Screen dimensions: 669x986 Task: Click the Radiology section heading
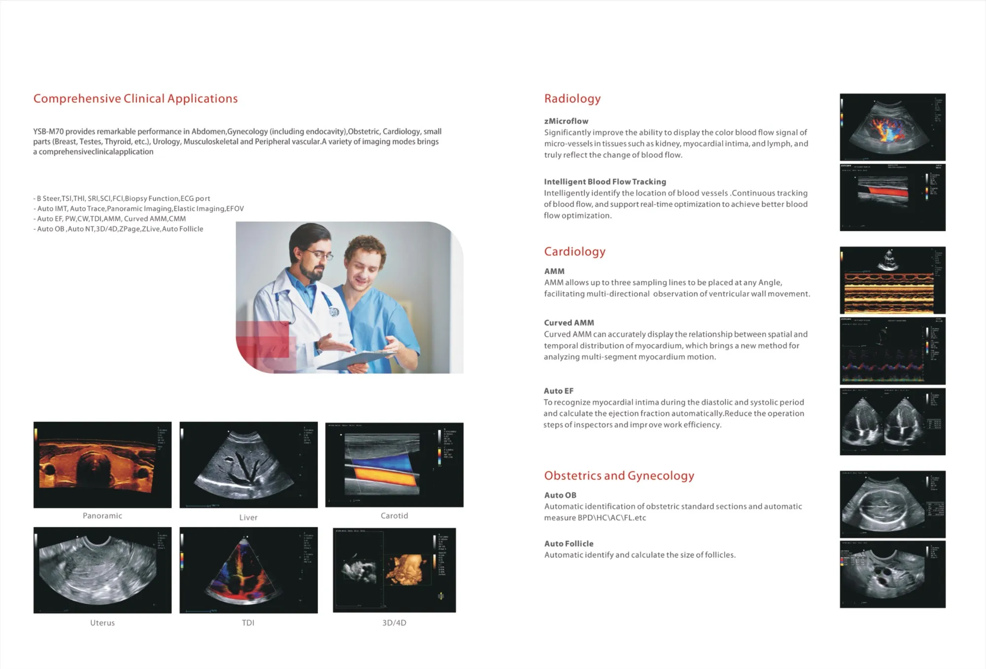[x=572, y=99]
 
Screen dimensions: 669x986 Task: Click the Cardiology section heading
[x=574, y=251]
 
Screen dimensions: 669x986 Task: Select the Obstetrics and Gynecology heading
[x=619, y=476]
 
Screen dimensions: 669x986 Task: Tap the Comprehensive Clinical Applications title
[x=135, y=99]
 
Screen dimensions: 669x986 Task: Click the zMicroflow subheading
[x=566, y=121]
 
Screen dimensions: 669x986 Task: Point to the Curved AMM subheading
[x=569, y=323]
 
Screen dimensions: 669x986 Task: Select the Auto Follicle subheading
[x=568, y=544]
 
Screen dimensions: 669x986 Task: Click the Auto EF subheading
[x=559, y=391]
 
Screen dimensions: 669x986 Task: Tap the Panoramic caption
[x=102, y=516]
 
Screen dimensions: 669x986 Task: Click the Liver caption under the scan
[x=248, y=518]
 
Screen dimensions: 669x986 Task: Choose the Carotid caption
[x=394, y=516]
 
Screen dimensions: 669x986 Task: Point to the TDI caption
[x=248, y=623]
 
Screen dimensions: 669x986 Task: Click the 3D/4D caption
[x=394, y=623]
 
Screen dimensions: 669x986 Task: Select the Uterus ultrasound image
[x=102, y=570]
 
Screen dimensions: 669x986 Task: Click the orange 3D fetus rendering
[x=406, y=570]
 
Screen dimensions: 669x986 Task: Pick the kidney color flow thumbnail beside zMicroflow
[x=892, y=127]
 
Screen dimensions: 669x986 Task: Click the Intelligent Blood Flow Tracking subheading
[x=604, y=182]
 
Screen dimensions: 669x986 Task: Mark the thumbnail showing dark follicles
[x=892, y=574]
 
